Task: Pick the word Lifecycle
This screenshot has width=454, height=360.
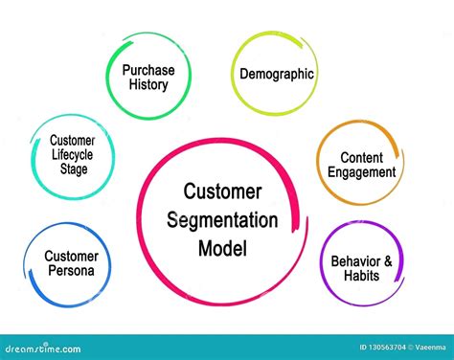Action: click(x=73, y=155)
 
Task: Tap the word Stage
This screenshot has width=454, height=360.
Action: click(x=73, y=169)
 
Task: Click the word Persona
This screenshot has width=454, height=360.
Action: click(x=71, y=270)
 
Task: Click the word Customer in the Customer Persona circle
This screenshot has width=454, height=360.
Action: click(x=71, y=256)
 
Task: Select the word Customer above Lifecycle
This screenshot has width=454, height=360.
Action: click(x=73, y=141)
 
